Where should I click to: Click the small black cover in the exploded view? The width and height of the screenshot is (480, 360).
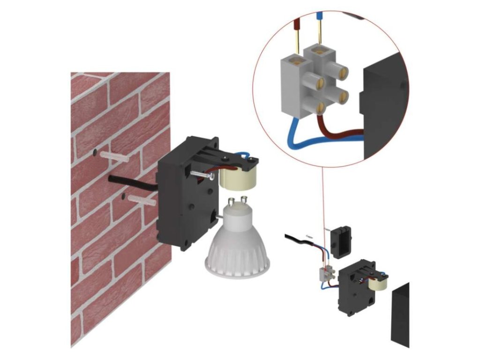point(340,240)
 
